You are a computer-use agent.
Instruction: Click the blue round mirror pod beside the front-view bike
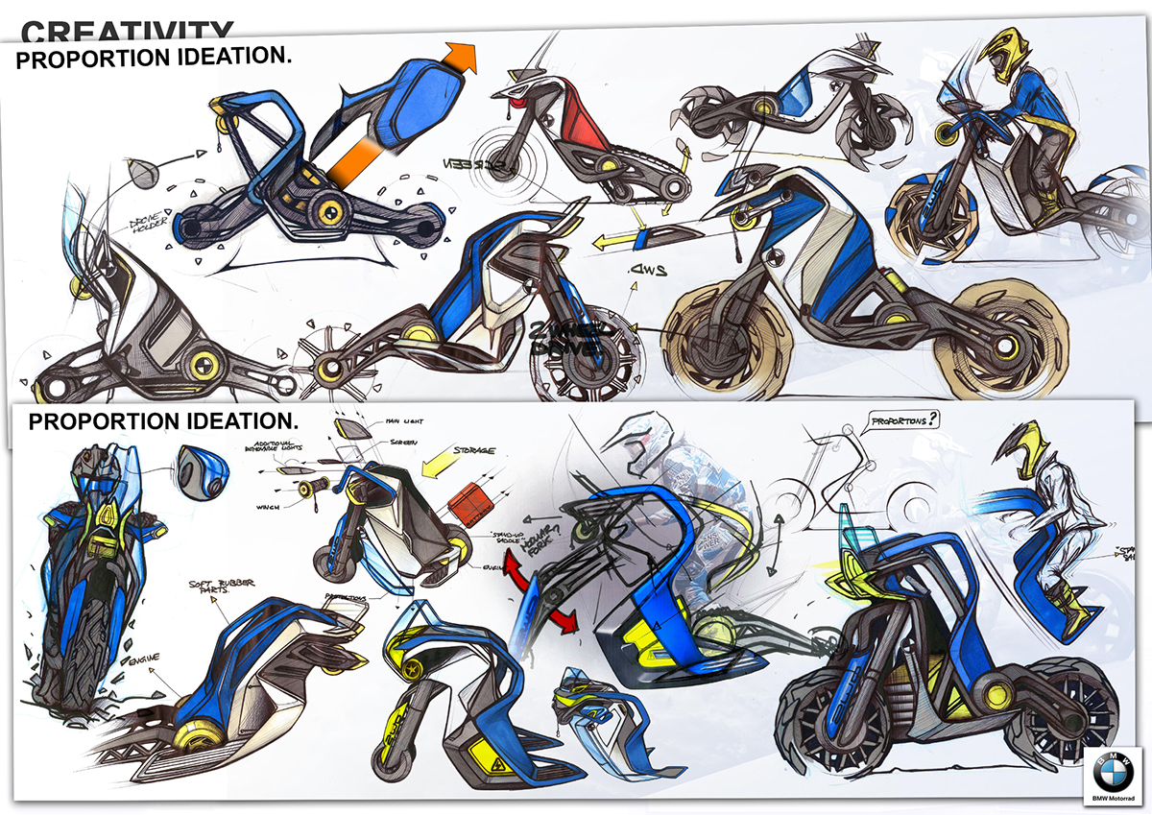click(x=202, y=473)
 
